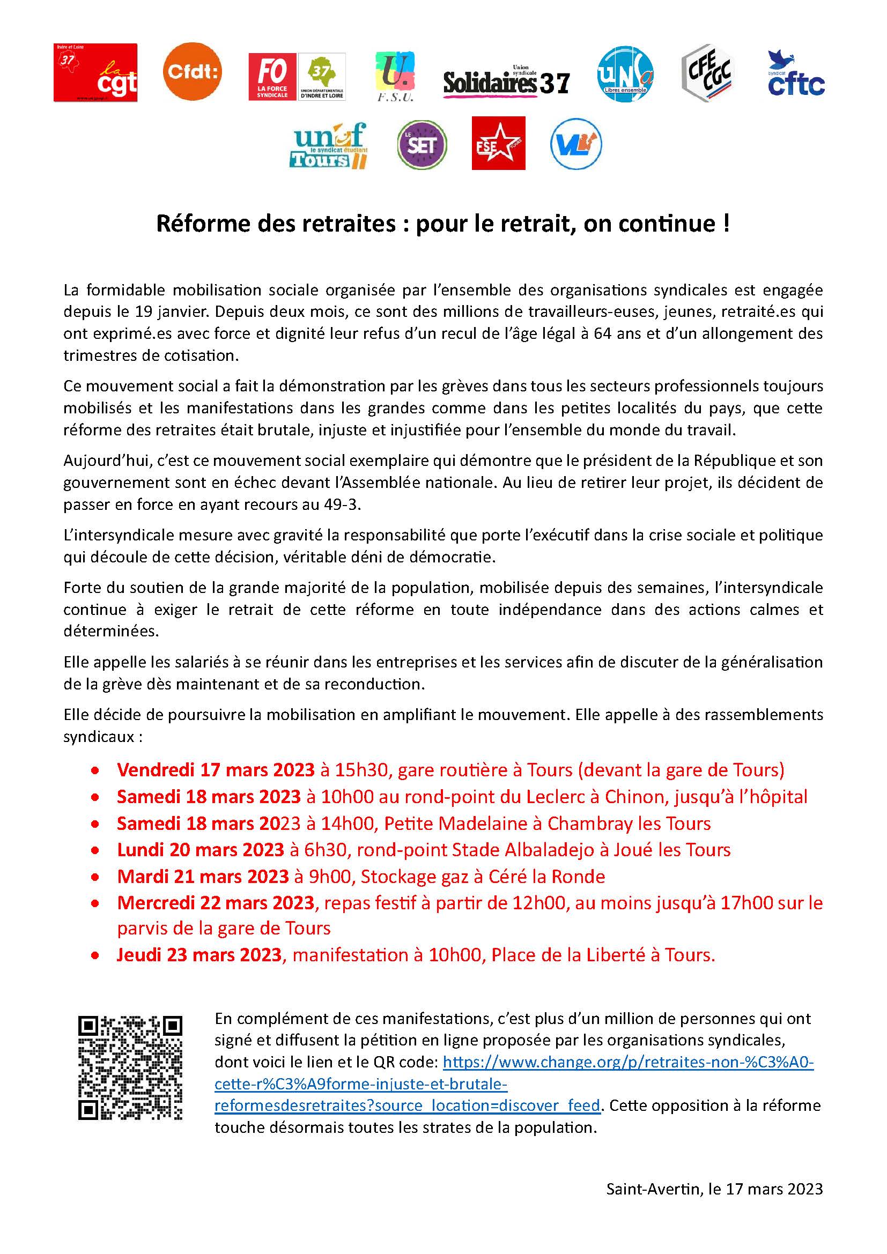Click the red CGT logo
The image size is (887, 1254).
95,73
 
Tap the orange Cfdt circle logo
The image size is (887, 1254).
193,71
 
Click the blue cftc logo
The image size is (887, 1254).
796,73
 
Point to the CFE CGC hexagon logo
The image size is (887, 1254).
708,73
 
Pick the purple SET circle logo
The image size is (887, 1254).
422,145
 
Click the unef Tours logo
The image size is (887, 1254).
329,145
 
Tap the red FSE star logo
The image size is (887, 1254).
498,143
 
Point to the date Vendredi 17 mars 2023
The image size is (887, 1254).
216,770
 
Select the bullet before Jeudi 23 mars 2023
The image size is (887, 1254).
95,956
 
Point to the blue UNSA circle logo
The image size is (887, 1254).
625,73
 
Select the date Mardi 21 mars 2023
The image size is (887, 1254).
203,877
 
